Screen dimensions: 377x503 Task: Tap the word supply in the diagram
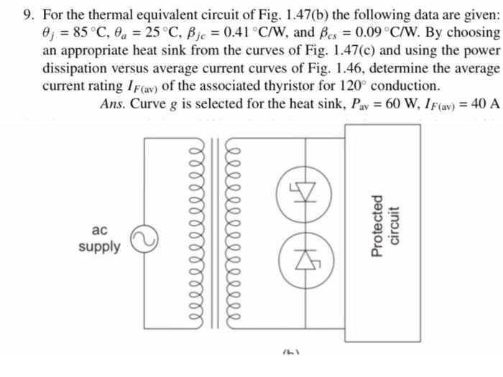(100, 248)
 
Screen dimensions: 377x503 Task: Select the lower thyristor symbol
(308, 253)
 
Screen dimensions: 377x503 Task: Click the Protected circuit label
(384, 226)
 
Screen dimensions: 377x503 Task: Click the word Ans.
(114, 103)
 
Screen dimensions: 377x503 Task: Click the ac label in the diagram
(100, 231)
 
